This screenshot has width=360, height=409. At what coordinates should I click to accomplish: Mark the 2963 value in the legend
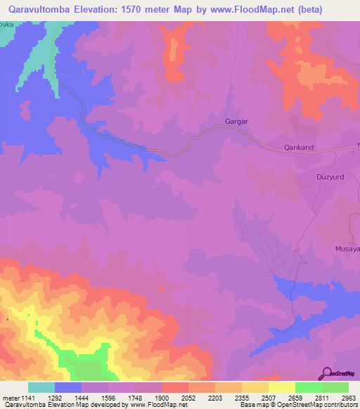(x=349, y=398)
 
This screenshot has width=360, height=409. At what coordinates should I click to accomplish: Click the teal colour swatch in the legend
(x=41, y=387)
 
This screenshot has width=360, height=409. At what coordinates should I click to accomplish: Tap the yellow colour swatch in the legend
(x=282, y=387)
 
